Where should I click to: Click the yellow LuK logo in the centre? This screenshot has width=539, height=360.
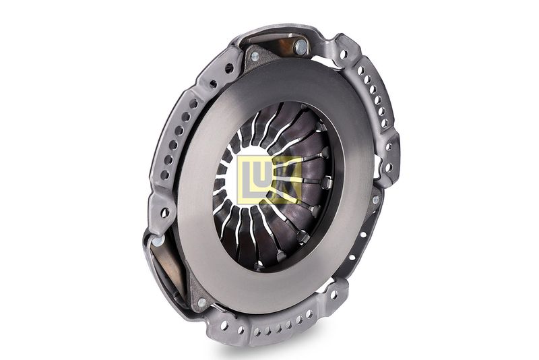click(x=269, y=179)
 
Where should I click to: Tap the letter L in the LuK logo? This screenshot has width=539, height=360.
click(x=247, y=179)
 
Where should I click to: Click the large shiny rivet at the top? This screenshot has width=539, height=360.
click(x=300, y=46)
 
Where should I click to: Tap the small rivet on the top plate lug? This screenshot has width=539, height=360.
click(x=255, y=56)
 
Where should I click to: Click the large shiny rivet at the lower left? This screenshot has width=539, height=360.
click(x=158, y=241)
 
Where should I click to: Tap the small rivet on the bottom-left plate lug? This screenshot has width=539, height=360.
click(x=202, y=302)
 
